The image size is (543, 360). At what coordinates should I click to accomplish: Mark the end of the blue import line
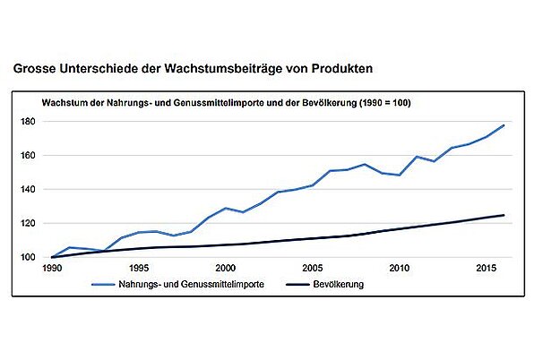[x=504, y=125]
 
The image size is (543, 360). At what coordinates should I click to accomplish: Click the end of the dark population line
[x=504, y=215]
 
